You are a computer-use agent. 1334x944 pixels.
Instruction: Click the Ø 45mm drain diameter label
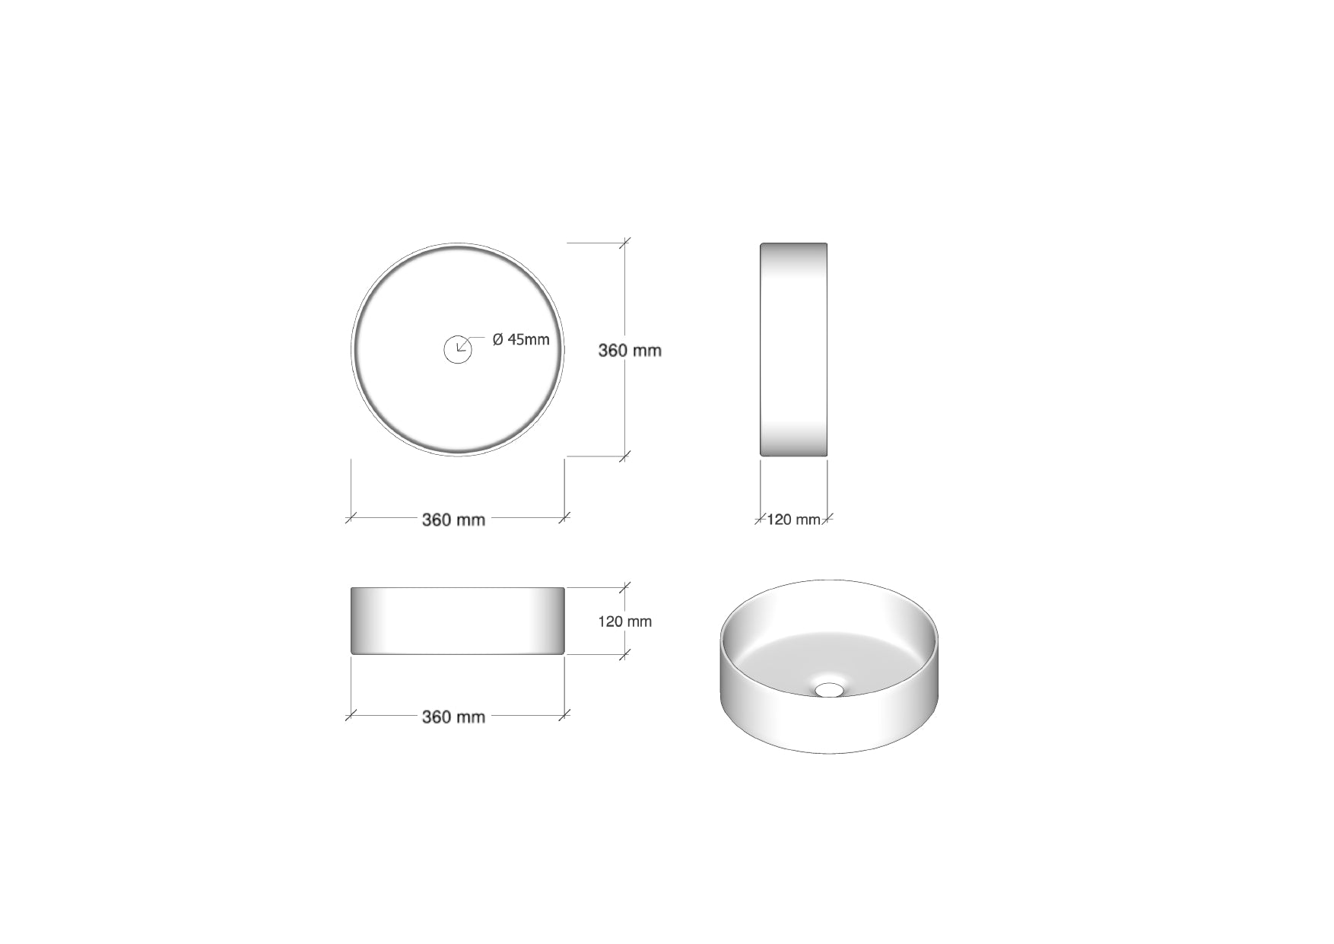pos(521,339)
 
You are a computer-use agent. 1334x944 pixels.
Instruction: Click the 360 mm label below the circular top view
pos(453,520)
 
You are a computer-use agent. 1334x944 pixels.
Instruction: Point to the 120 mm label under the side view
pos(793,520)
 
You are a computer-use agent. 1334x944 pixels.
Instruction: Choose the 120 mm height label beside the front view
pos(625,621)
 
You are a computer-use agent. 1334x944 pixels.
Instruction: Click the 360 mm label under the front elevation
pos(453,717)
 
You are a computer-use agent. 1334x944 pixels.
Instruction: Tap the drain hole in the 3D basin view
pos(829,689)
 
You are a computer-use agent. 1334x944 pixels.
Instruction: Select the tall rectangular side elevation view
pos(793,350)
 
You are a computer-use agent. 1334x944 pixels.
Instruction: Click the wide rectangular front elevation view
pos(457,621)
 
